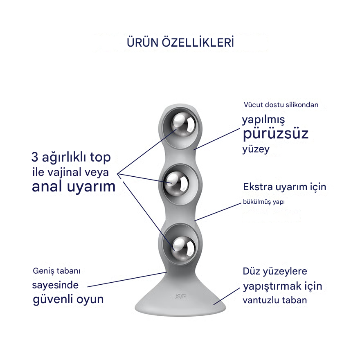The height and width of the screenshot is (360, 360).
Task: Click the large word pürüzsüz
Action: tap(275, 134)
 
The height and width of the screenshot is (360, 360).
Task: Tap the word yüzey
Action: tap(256, 149)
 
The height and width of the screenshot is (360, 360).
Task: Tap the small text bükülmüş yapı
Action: tap(263, 202)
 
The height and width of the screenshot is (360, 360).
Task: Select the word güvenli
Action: tap(53, 299)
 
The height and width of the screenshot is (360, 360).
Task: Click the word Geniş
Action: tap(43, 271)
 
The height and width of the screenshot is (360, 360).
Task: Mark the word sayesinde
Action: tap(55, 285)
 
